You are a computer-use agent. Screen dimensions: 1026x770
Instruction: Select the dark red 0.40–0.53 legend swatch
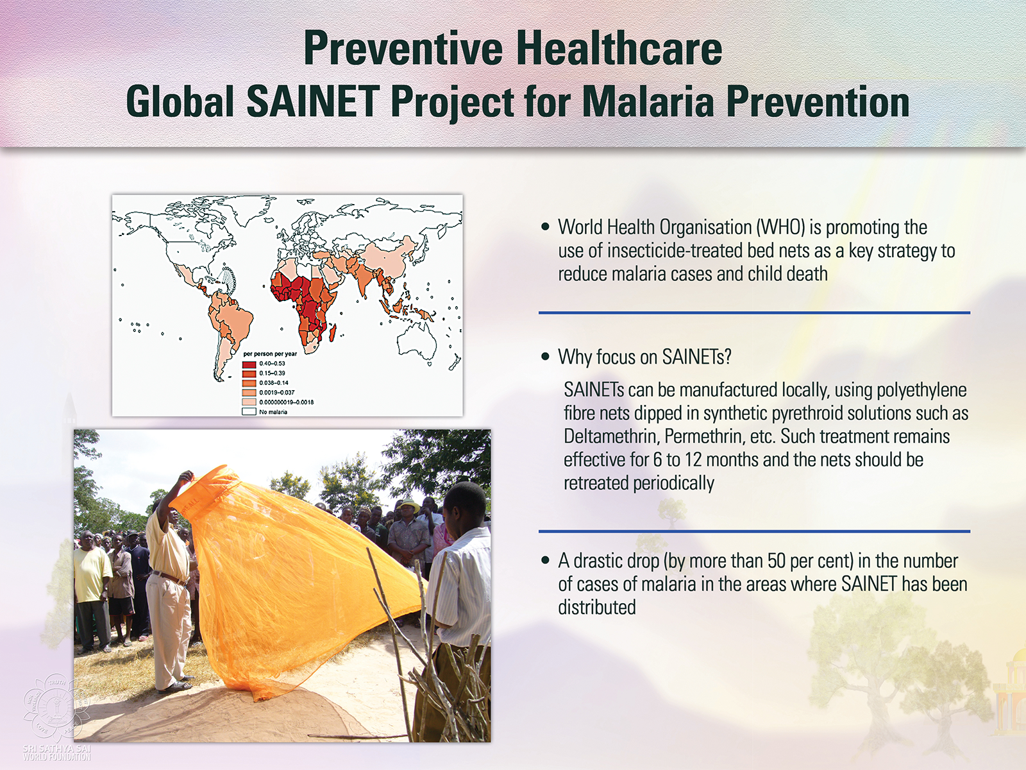249,364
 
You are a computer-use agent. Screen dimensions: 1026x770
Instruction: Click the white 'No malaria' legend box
249,412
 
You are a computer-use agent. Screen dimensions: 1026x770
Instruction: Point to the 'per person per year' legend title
270,354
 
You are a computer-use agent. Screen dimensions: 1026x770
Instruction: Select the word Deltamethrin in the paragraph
611,436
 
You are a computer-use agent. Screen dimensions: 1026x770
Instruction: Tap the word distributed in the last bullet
597,607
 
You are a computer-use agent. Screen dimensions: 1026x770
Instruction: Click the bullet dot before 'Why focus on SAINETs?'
545,357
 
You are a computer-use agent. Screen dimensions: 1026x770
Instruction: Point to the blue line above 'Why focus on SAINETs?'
754,312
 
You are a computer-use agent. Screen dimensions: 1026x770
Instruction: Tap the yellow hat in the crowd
408,505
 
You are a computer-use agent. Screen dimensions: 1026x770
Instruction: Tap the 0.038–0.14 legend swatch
249,383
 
